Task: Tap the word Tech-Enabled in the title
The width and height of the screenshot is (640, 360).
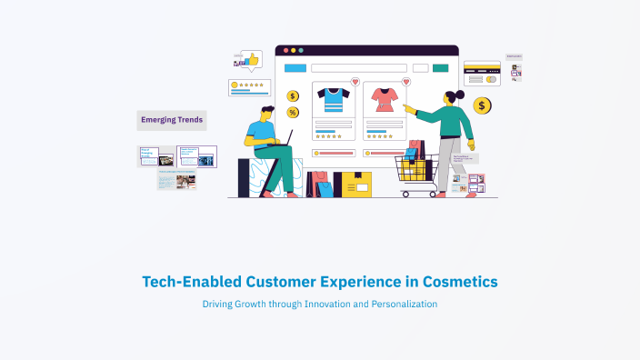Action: tap(186, 282)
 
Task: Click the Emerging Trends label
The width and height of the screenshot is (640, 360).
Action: tap(172, 120)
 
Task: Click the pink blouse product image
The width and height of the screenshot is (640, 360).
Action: tap(383, 99)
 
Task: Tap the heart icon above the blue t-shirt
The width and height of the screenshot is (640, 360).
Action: tap(355, 82)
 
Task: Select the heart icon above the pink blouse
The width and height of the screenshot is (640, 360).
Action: tap(405, 82)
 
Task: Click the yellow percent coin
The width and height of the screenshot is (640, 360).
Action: tap(293, 113)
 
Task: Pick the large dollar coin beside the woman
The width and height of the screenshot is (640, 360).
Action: tap(483, 106)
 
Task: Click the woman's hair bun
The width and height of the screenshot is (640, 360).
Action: tap(460, 94)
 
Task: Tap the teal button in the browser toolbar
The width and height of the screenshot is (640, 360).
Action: tap(440, 67)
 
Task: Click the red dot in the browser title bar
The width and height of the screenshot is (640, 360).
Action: tap(285, 50)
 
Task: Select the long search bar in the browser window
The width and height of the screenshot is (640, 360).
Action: tap(358, 67)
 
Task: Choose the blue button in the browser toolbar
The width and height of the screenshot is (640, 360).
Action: tap(295, 67)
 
